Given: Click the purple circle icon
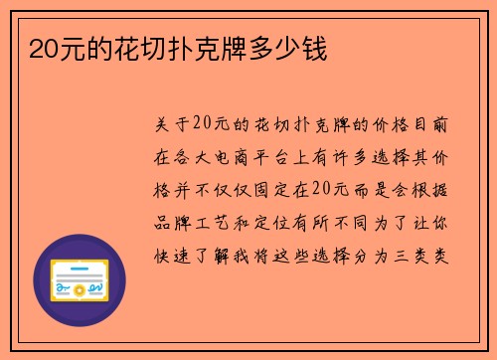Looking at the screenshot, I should (80, 280).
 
